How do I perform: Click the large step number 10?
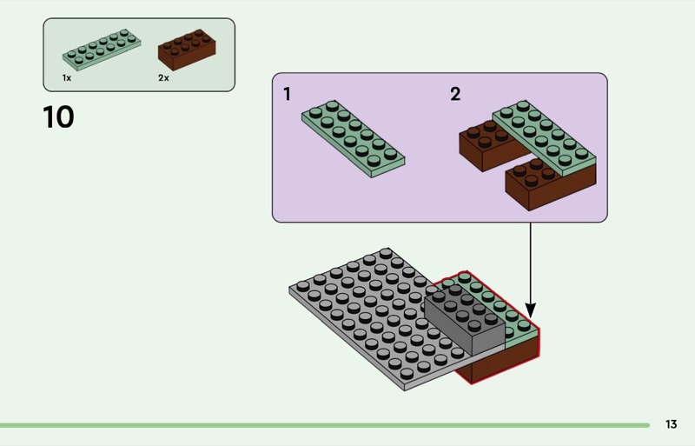pyautogui.click(x=58, y=116)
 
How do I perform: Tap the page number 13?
pyautogui.click(x=671, y=424)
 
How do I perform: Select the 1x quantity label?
pyautogui.click(x=66, y=78)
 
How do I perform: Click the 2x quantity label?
pyautogui.click(x=163, y=78)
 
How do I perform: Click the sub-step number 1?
pyautogui.click(x=288, y=94)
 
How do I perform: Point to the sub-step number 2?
pyautogui.click(x=455, y=94)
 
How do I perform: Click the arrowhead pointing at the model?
pyautogui.click(x=531, y=310)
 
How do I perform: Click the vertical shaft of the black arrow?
pyautogui.click(x=531, y=261)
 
